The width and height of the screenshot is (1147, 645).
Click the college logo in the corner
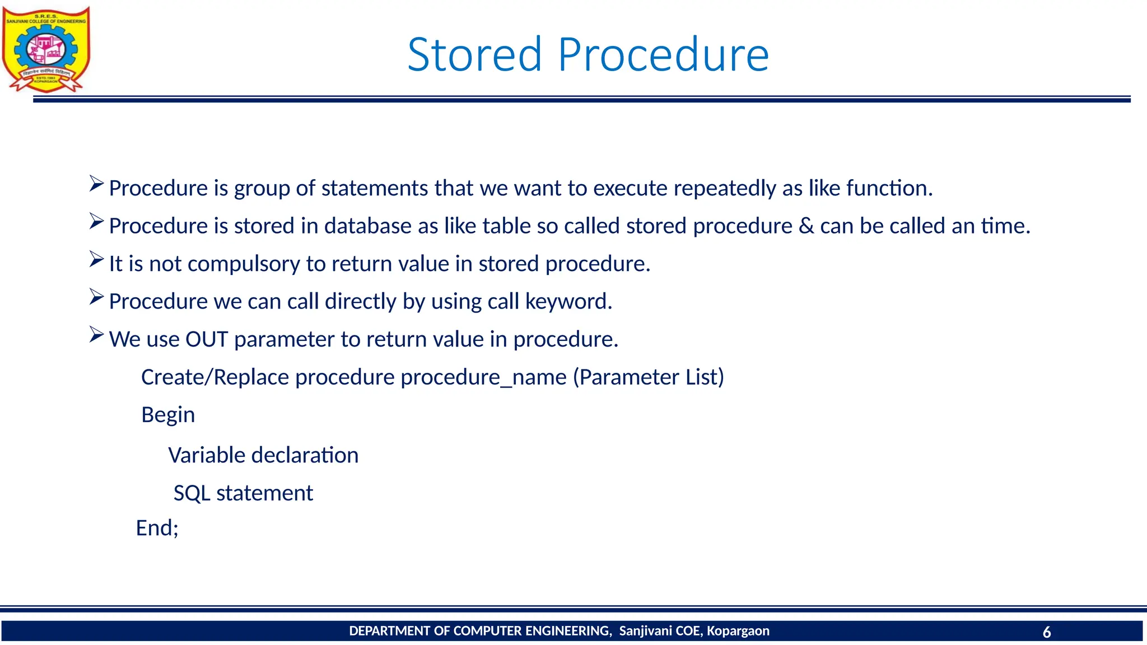tap(46, 49)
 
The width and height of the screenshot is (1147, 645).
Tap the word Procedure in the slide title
tap(663, 55)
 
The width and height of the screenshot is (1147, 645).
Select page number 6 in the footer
tap(1046, 632)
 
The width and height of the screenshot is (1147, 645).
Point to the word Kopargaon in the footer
tap(738, 631)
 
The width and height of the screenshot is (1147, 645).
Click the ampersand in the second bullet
tap(806, 226)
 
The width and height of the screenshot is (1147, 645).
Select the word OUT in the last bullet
tap(207, 339)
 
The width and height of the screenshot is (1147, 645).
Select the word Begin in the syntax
tap(168, 415)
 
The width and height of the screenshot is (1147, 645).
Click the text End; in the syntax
tap(157, 528)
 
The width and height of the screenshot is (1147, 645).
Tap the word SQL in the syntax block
tap(192, 493)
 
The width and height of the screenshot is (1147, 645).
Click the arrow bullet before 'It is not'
tap(96, 260)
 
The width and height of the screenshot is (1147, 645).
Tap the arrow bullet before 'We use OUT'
tap(96, 335)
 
